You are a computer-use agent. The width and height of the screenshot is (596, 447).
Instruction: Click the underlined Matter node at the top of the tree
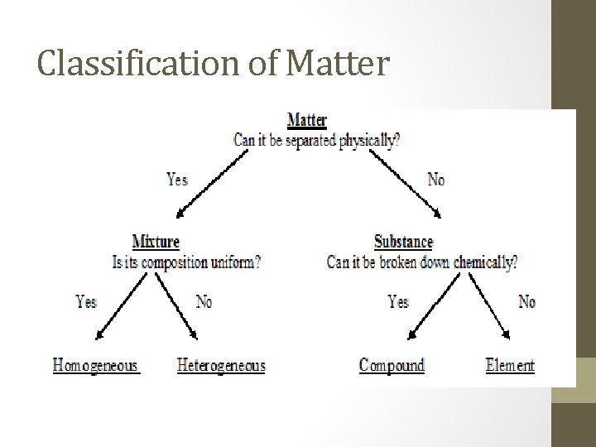coord(306,120)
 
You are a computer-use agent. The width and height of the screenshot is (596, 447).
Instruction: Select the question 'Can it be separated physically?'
coord(317,140)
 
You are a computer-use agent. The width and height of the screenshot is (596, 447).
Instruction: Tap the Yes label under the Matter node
coord(177,179)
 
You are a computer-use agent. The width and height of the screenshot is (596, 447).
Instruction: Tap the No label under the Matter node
coord(435,179)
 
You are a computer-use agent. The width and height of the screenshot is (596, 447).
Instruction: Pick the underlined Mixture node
coord(156,242)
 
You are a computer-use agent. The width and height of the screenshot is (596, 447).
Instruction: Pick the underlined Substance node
coord(403,242)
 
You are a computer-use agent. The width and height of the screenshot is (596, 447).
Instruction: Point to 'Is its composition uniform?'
coord(186,262)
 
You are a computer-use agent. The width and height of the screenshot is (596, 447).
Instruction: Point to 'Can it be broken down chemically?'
coord(422,262)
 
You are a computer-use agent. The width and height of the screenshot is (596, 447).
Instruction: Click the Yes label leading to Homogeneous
coord(86,301)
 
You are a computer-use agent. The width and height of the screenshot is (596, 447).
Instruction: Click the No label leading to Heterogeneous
coord(204,301)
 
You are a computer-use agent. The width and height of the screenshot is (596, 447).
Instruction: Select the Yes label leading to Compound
coord(398,301)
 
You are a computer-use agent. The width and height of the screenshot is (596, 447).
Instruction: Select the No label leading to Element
coord(526,301)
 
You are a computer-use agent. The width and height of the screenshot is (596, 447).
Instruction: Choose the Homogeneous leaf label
coord(96,365)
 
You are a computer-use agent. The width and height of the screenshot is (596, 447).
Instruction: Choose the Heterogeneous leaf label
coord(221,365)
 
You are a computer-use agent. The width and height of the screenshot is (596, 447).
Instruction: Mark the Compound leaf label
coord(392,365)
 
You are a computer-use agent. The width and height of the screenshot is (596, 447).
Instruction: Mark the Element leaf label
coord(510,365)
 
